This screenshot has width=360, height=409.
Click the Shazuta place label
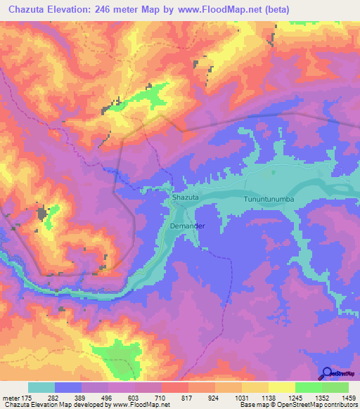[186, 199]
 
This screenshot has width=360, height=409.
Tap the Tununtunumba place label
[268, 200]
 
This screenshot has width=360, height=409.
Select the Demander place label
[186, 226]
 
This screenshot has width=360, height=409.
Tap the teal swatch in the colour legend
[41, 387]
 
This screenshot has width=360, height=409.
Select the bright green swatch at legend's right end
[335, 387]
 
